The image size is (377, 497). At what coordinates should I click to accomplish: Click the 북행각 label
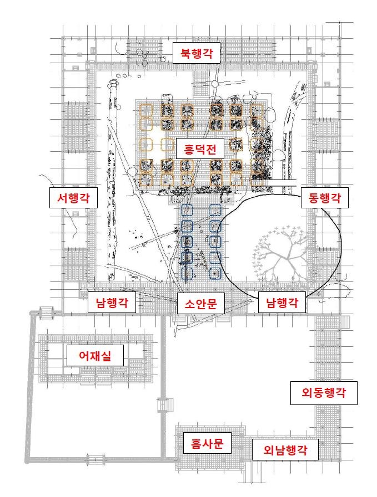(x=197, y=53)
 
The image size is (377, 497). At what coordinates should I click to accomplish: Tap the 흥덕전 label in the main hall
(x=200, y=148)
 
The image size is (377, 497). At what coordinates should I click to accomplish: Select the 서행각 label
(x=73, y=198)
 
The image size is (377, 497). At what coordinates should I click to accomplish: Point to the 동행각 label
(x=325, y=198)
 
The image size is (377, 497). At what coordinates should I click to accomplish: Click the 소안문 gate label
(x=201, y=303)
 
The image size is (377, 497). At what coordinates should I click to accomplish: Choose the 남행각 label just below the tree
(x=282, y=303)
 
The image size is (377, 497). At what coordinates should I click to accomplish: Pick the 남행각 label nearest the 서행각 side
(x=112, y=303)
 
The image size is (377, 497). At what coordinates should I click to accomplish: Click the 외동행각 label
(x=324, y=393)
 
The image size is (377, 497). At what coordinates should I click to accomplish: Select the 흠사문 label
(x=207, y=443)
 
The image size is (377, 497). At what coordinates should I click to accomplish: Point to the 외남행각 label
(x=285, y=449)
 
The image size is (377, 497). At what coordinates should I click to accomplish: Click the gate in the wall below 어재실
(x=96, y=459)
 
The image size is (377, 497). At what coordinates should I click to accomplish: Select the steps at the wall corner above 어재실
(x=46, y=313)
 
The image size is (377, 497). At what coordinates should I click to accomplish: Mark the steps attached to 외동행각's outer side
(x=345, y=322)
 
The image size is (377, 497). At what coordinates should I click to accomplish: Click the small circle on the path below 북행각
(x=215, y=84)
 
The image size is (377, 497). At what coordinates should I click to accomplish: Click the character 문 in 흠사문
(x=218, y=443)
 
